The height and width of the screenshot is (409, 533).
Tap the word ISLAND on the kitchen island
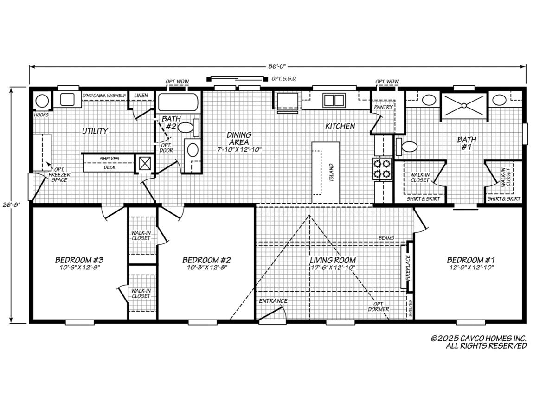click(331, 173)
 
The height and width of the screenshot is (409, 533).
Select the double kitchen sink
click(332, 101)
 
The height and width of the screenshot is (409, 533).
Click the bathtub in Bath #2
click(178, 102)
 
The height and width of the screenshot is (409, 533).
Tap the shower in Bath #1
click(463, 105)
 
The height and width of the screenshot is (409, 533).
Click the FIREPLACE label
click(408, 267)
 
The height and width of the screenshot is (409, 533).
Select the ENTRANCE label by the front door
click(273, 301)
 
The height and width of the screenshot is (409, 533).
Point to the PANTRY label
click(384, 107)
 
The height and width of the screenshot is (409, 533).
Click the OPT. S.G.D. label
click(284, 79)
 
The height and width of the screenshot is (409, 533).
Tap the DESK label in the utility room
click(109, 167)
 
